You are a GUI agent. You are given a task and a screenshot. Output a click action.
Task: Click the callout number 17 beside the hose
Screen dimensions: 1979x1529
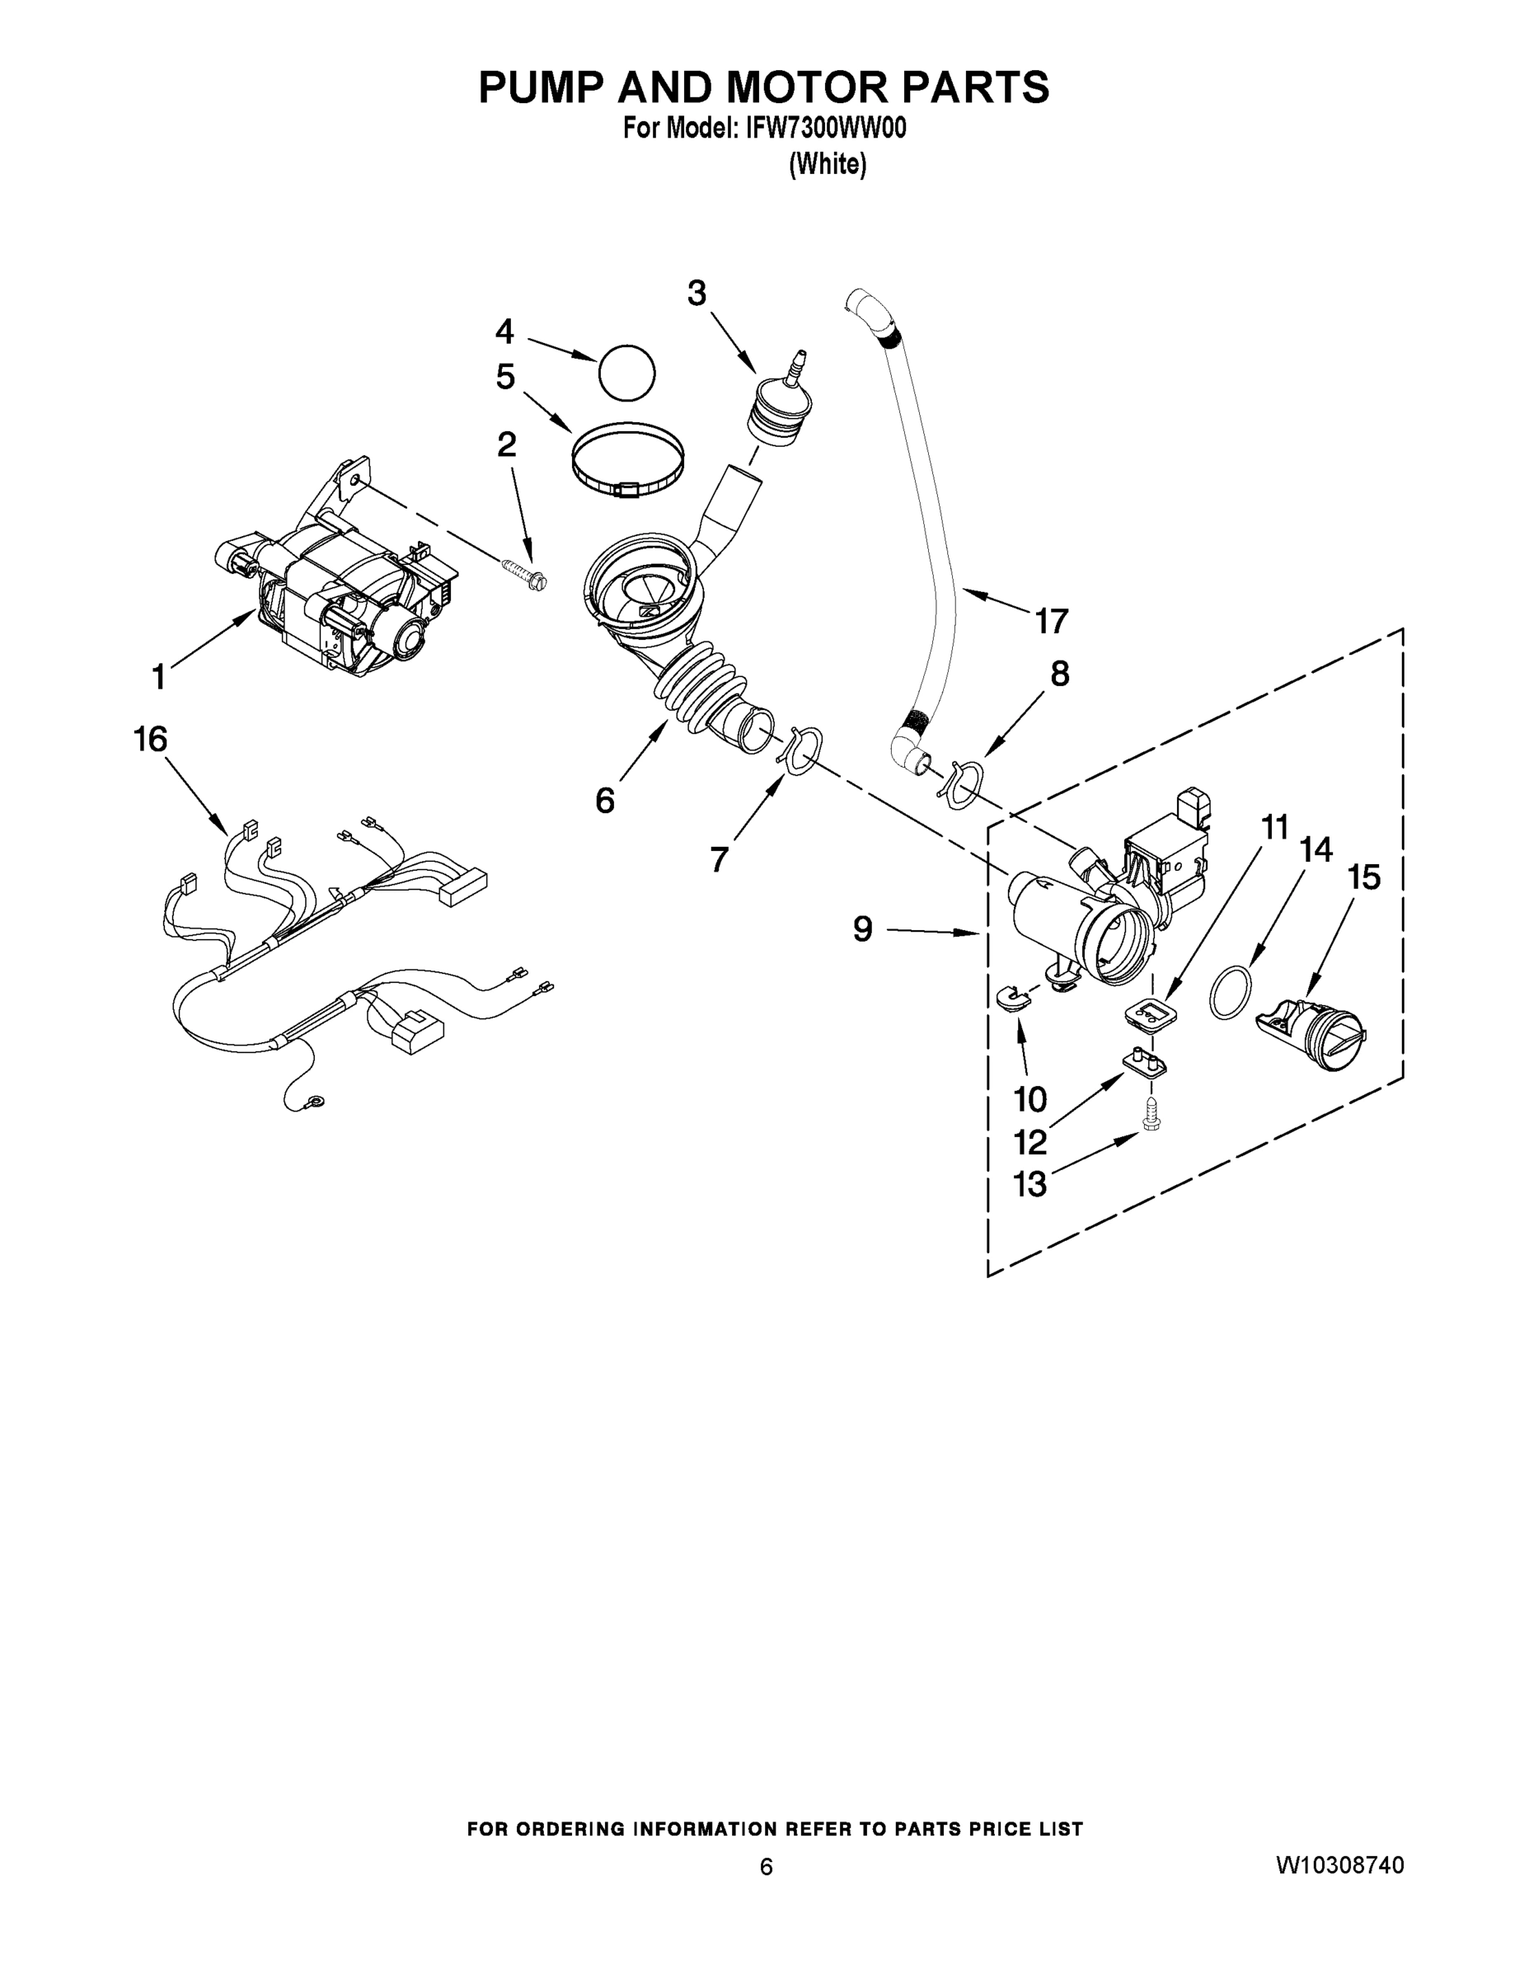pyautogui.click(x=1052, y=622)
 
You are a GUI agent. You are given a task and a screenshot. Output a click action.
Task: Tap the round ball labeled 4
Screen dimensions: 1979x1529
pyautogui.click(x=626, y=372)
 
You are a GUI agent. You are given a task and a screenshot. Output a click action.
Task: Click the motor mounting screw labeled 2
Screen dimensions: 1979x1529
pyautogui.click(x=523, y=571)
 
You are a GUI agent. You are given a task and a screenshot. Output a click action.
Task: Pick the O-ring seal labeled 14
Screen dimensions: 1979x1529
pyautogui.click(x=1231, y=993)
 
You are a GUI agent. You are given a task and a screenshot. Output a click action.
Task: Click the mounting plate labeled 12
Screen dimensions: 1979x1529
pyautogui.click(x=1145, y=1061)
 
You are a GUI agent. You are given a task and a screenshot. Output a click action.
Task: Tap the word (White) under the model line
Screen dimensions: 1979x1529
pyautogui.click(x=827, y=164)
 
